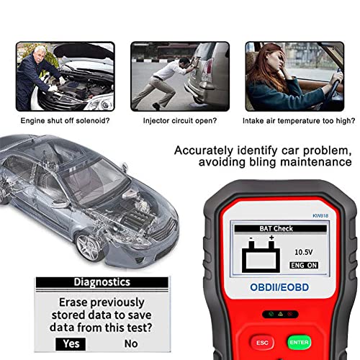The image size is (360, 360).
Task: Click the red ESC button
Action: pos(262,343)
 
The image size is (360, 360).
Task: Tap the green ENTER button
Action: pos(299,342)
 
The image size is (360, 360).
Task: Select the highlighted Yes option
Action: pos(71,344)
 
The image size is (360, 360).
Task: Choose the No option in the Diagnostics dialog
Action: pos(131,344)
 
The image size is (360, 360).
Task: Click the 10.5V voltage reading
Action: pos(304,252)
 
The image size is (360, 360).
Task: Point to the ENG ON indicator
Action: pos(304,265)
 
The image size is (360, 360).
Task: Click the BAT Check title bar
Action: pos(280,228)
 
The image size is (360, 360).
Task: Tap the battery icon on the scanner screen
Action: pos(261,254)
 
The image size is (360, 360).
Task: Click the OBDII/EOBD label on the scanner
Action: pos(279,287)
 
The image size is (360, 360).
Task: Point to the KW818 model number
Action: pos(320,216)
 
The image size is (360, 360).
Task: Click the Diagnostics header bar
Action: pos(102,282)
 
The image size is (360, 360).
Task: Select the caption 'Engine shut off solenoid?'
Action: pos(65,120)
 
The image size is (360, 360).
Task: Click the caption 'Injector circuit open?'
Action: pos(180,120)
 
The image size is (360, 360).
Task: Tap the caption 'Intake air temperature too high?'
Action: pos(299,120)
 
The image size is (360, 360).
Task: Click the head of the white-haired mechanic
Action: pos(40,53)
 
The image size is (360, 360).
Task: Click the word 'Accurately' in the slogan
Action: pos(204,151)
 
